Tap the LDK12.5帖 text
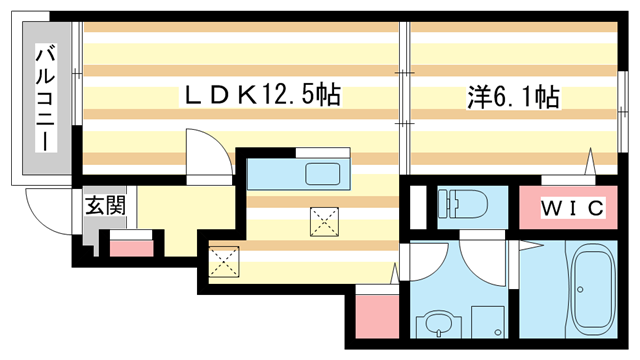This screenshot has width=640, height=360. click(x=261, y=96)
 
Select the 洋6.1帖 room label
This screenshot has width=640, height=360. click(x=512, y=97)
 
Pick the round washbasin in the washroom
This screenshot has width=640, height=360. click(x=437, y=325)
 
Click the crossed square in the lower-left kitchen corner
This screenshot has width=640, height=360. click(x=224, y=262)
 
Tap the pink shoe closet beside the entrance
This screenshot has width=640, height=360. click(x=129, y=247)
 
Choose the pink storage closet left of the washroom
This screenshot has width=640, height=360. click(x=377, y=315)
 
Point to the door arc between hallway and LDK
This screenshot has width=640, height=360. click(x=206, y=158)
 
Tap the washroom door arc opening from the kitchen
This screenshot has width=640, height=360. click(x=422, y=262)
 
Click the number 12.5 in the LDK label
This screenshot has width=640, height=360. click(x=289, y=96)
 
